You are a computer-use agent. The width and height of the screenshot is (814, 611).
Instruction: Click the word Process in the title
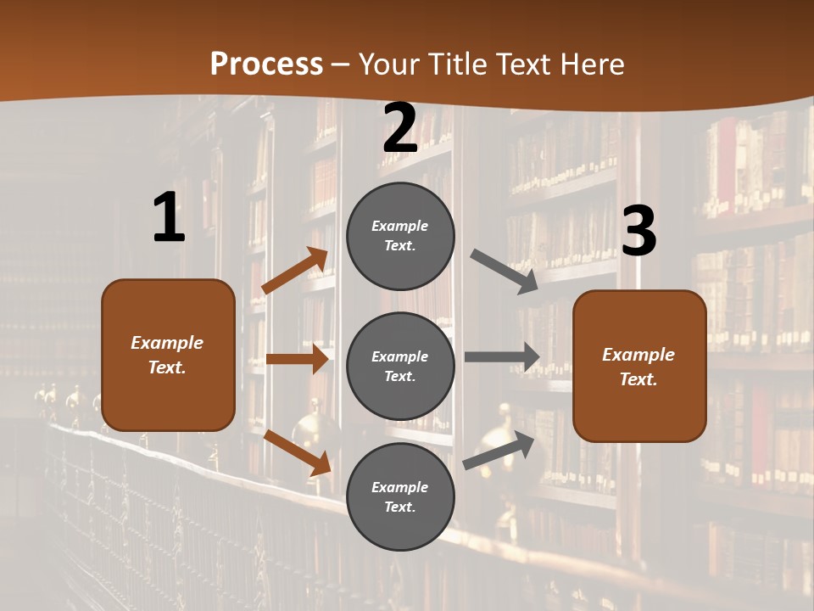266,64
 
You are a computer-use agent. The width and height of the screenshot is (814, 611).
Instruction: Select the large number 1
169,218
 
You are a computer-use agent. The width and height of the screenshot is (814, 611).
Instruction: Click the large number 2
400,129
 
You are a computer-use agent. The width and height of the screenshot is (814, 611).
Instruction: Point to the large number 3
638,232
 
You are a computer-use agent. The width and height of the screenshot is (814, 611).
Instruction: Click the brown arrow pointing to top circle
294,271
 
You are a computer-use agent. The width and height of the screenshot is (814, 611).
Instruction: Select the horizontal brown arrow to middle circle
297,359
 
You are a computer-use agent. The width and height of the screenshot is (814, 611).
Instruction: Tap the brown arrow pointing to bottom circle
298,452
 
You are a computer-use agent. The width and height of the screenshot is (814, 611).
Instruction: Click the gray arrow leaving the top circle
505,272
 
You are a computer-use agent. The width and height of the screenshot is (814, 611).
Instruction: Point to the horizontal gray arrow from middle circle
502,356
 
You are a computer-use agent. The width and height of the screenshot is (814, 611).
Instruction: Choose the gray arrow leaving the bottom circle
499,451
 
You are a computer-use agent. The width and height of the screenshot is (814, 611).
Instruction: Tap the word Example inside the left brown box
167,343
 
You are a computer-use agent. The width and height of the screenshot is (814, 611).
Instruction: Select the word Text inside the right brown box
638,379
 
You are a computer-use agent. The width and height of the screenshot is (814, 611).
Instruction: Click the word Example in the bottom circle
400,487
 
